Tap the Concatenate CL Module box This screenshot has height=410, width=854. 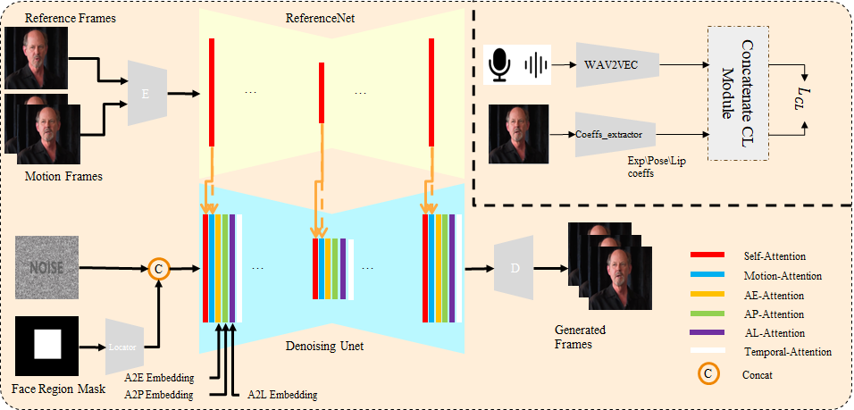[x=737, y=92]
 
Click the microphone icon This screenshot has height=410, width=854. [x=500, y=64]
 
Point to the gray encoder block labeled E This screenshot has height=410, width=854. [x=146, y=92]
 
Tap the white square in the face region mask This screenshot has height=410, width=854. [x=46, y=343]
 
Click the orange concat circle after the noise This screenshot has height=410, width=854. [x=158, y=267]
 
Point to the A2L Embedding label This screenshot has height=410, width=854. [x=281, y=394]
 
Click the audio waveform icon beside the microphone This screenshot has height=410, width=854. [x=536, y=64]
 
